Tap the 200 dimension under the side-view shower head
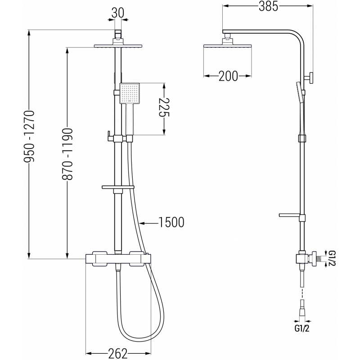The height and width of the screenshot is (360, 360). pos(228,76)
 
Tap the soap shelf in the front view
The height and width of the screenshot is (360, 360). pos(118,187)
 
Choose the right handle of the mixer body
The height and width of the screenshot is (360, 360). pos(139,260)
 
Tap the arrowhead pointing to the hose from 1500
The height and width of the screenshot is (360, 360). pos(141,222)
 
